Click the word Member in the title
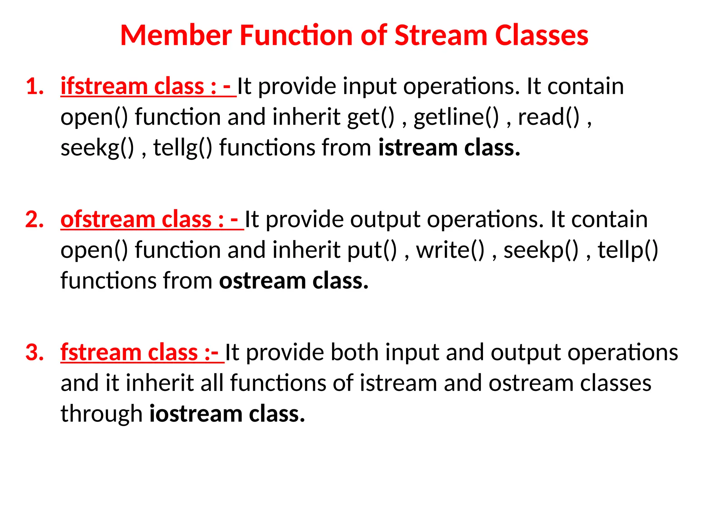coord(176,35)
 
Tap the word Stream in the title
coord(441,35)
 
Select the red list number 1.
coord(35,86)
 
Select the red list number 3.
coord(35,352)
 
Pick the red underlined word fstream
coord(101,352)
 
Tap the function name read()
coord(549,117)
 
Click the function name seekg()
coord(97,148)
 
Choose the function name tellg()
coord(182,148)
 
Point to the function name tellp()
coord(628,250)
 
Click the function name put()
coord(372,250)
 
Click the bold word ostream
coord(262,280)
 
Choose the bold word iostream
coord(196,413)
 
